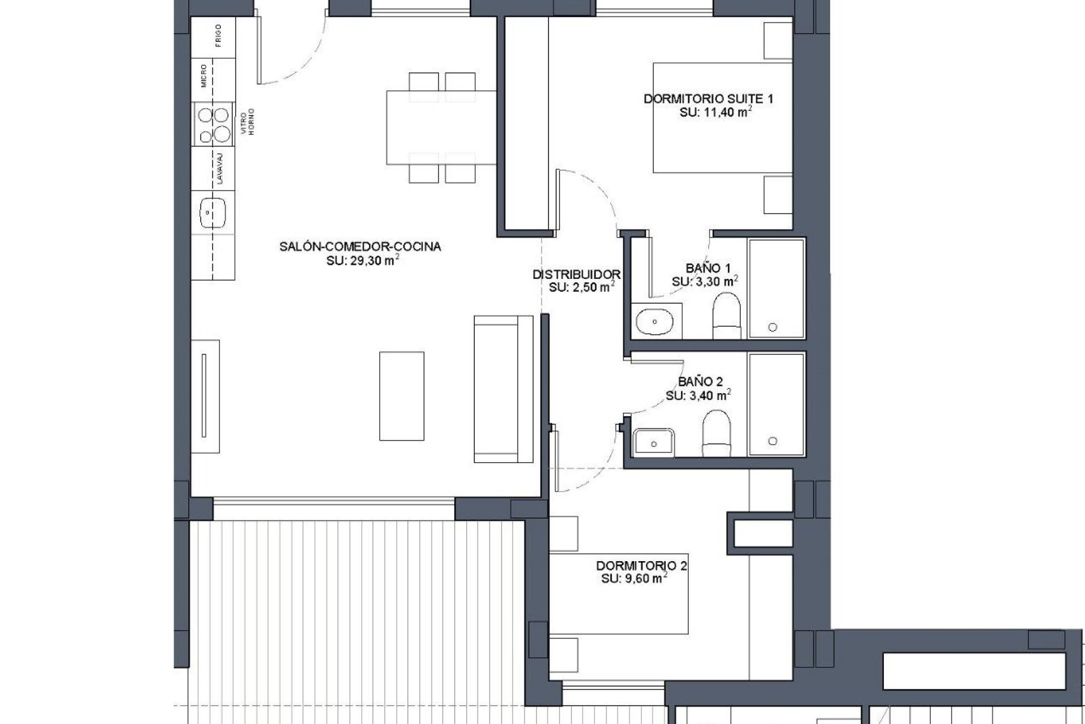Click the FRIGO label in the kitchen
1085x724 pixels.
[218, 35]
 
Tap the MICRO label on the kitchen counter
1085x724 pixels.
[204, 76]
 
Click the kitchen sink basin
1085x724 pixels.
[213, 212]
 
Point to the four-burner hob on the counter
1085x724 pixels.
[214, 124]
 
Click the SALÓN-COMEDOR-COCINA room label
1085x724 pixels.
[360, 247]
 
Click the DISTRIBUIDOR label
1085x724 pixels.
[576, 275]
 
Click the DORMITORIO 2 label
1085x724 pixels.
[642, 566]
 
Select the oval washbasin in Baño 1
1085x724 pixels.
[655, 322]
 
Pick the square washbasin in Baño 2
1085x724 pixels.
[654, 442]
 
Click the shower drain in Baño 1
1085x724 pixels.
[772, 327]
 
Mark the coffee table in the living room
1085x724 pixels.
[402, 396]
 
